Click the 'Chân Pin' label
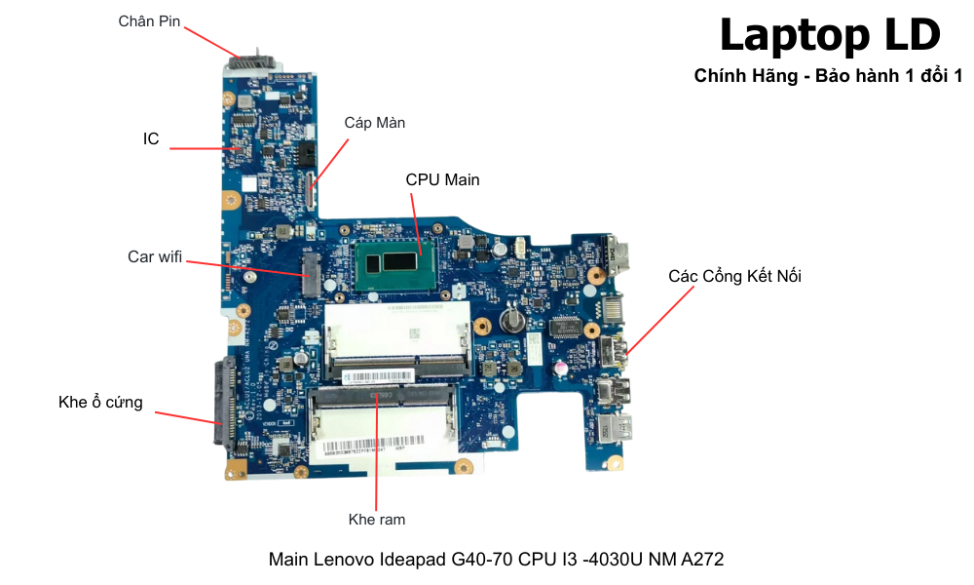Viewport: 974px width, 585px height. [149, 20]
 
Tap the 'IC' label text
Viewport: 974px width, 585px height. [151, 139]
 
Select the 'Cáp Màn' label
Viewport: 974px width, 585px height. [375, 123]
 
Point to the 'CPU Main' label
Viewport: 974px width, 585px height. [442, 179]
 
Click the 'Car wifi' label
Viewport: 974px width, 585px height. [155, 256]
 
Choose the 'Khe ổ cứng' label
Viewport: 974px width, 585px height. [100, 402]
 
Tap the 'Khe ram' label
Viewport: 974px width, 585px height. [377, 519]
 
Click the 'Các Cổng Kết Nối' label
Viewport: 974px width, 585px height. [734, 276]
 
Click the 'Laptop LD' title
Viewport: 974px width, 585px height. [830, 35]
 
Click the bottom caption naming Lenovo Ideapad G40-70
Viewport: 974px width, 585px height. [496, 560]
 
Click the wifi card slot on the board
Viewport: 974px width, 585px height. [309, 275]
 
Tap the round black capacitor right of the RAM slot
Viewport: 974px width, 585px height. [507, 320]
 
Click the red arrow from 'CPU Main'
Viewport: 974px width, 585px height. [416, 223]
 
